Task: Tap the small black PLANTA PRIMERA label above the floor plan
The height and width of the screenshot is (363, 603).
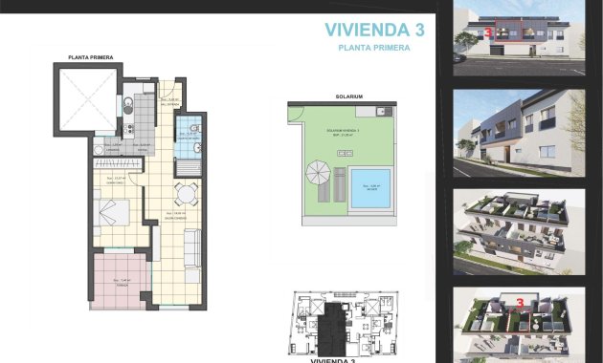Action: point(91,58)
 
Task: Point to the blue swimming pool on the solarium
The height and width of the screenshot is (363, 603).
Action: point(368,189)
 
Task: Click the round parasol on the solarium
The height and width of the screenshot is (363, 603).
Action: point(317,174)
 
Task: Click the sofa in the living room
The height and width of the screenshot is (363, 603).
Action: point(191,250)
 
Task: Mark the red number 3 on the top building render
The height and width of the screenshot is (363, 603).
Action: point(490,32)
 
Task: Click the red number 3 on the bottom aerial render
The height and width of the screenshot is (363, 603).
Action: point(519,304)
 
